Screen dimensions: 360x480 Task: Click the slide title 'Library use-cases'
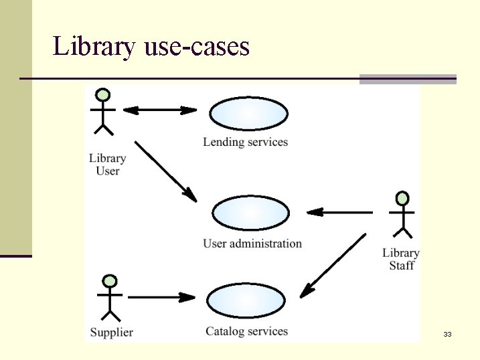[x=151, y=47]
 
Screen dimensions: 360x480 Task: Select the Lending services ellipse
[x=248, y=114]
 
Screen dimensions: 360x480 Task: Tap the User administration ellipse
[x=251, y=214]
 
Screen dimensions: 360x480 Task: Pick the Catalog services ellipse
[x=246, y=301]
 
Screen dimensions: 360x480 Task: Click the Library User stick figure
[x=102, y=114]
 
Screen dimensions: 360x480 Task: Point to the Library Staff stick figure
[x=402, y=215]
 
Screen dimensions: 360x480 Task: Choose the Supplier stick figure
[x=110, y=299]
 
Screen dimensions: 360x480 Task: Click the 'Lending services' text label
[x=245, y=142]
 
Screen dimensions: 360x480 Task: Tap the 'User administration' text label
[x=252, y=244]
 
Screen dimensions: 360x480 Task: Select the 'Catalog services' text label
[x=246, y=331]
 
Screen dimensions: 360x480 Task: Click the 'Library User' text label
[x=107, y=165]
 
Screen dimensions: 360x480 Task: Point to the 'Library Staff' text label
[x=401, y=259]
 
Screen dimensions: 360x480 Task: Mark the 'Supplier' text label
[x=111, y=332]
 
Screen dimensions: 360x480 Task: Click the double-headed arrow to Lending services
[x=161, y=110]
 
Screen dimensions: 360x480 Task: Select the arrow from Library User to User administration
[x=165, y=171]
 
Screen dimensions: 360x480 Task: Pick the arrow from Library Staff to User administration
[x=339, y=212]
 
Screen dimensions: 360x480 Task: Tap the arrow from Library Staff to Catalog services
[x=333, y=266]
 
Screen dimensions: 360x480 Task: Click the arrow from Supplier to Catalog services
[x=161, y=296]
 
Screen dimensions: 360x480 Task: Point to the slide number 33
[x=447, y=334]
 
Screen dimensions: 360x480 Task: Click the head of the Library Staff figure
[x=402, y=199]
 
